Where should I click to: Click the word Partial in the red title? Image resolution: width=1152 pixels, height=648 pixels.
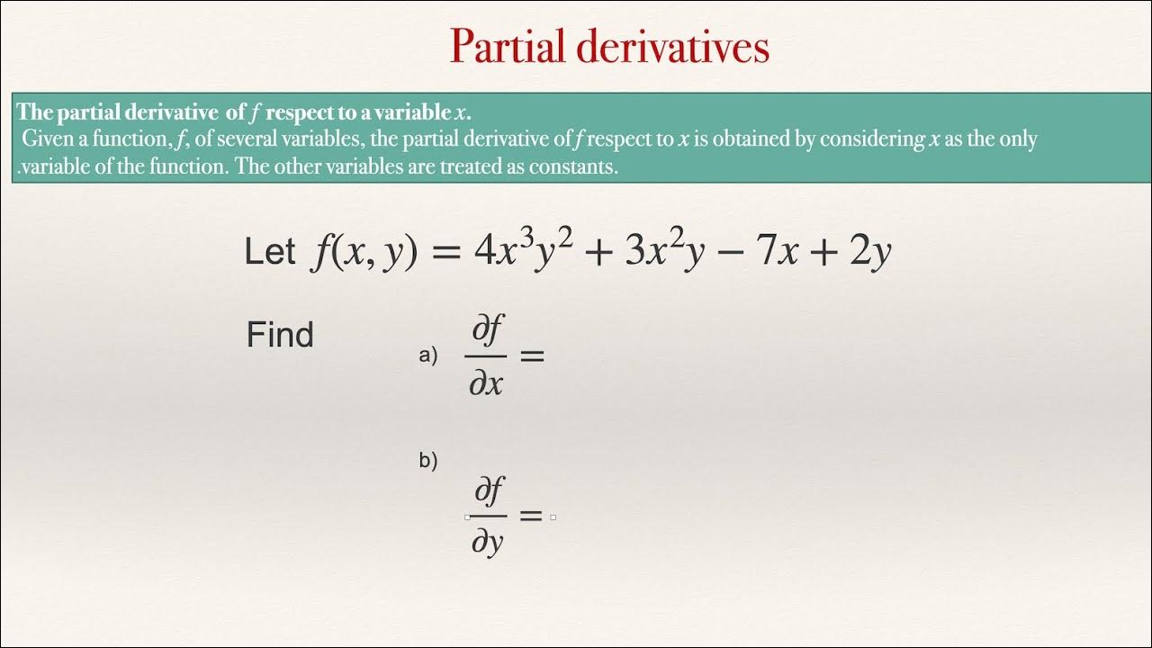pos(508,47)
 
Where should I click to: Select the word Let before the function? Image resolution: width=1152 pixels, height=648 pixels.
pos(269,253)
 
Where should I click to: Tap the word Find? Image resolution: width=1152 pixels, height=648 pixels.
pos(280,336)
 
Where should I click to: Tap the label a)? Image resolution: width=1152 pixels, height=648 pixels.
pos(427,355)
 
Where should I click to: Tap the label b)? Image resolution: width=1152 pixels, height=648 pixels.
pos(427,462)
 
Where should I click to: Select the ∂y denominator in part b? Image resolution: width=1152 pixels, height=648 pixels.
pos(487,543)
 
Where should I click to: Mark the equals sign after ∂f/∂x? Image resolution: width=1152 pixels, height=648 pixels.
pos(533,356)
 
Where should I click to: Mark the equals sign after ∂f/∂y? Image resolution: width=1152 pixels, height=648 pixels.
pos(531,517)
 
